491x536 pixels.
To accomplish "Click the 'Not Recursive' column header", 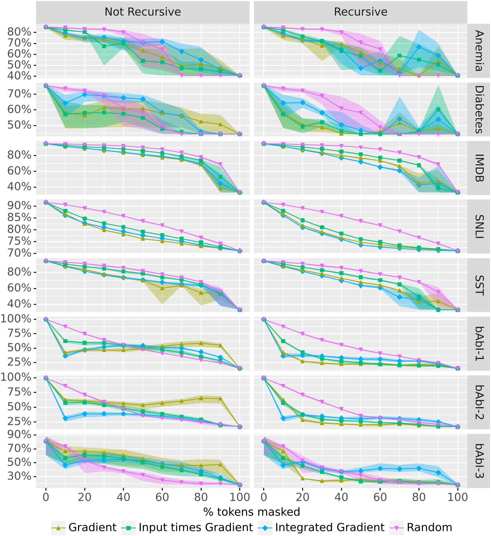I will pyautogui.click(x=143, y=12).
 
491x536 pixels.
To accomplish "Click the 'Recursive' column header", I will pyautogui.click(x=360, y=12).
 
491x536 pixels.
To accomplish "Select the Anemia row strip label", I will pyautogui.click(x=479, y=51).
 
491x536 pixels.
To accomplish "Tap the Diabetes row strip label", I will pyautogui.click(x=479, y=109).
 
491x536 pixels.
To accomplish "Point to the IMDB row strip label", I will pyautogui.click(x=479, y=168).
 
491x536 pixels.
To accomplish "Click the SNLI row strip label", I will pyautogui.click(x=479, y=226).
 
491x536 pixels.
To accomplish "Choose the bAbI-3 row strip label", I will pyautogui.click(x=479, y=461).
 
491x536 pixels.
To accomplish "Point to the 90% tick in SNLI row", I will pyautogui.click(x=19, y=206).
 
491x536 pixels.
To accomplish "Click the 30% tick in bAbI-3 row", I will pyautogui.click(x=19, y=476).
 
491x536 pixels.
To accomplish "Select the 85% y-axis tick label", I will pyautogui.click(x=19, y=217).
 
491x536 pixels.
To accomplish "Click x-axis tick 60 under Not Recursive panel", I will pyautogui.click(x=162, y=497).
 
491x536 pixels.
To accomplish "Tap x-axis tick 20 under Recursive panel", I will pyautogui.click(x=302, y=497).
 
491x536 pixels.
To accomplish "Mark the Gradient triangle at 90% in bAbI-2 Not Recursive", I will pyautogui.click(x=220, y=398).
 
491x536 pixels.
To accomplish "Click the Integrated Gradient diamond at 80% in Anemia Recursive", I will pyautogui.click(x=419, y=47).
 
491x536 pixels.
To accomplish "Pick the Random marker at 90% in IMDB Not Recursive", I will pyautogui.click(x=220, y=164).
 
